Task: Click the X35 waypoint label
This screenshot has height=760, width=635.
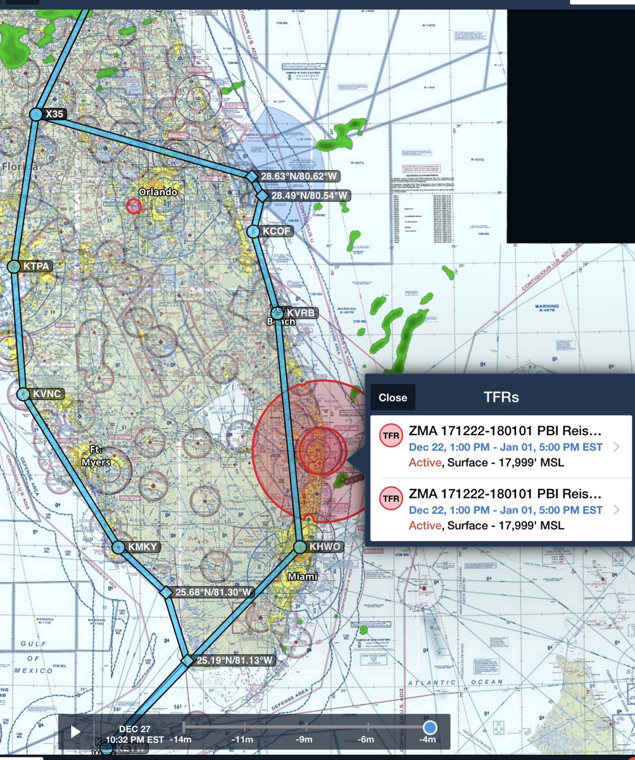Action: [55, 114]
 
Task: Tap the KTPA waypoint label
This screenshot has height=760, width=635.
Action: [37, 267]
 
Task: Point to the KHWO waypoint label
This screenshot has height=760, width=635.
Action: [325, 547]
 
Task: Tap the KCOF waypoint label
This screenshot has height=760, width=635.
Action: [277, 231]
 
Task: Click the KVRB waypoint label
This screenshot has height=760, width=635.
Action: [300, 313]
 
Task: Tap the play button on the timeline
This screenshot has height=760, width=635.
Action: [75, 732]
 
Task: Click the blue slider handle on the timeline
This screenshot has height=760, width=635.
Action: [430, 728]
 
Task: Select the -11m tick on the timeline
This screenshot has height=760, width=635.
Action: [242, 739]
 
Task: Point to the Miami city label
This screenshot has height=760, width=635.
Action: [303, 577]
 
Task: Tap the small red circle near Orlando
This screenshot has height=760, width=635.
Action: [134, 206]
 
